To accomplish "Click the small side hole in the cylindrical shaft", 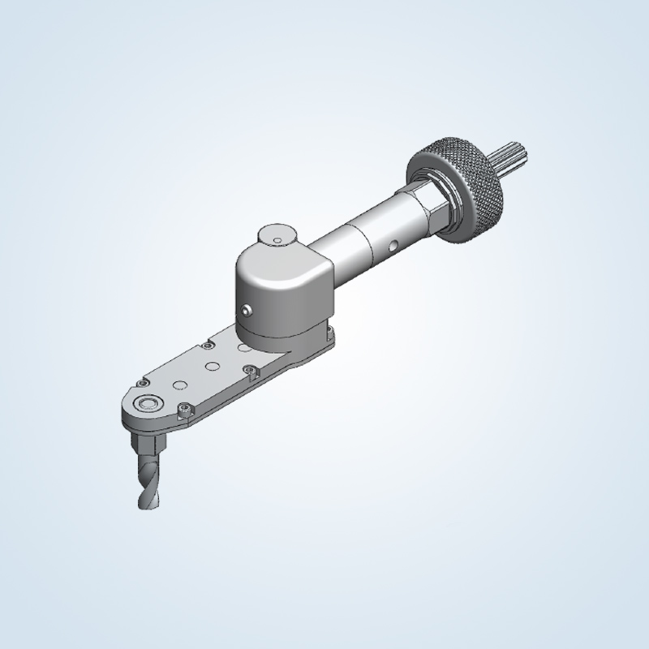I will click(x=392, y=244).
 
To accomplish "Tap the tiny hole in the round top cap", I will click(x=277, y=240).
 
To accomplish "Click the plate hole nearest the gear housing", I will click(x=241, y=346).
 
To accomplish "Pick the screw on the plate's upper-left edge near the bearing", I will click(x=143, y=382).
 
